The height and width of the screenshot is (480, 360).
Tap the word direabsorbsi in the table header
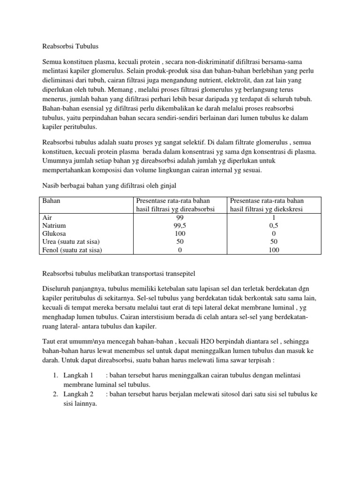(198, 209)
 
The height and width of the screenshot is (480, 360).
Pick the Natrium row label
(54, 225)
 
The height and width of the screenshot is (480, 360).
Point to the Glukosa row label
(54, 233)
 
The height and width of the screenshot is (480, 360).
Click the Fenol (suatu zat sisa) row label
(72, 250)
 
